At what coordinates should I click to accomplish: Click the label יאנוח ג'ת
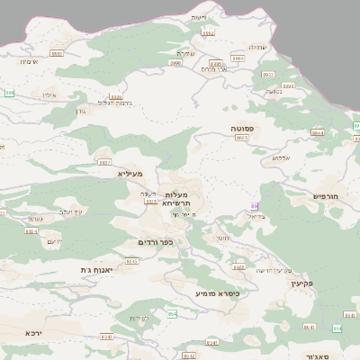(x=97, y=269)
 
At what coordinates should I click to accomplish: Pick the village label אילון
(x=48, y=94)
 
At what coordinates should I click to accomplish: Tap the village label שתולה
(x=257, y=47)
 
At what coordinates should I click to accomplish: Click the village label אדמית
(x=28, y=61)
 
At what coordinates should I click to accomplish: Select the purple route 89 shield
(x=255, y=206)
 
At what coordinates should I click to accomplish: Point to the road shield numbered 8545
(x=132, y=260)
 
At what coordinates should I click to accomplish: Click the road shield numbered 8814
(x=31, y=231)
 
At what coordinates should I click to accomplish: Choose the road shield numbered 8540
(x=107, y=337)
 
